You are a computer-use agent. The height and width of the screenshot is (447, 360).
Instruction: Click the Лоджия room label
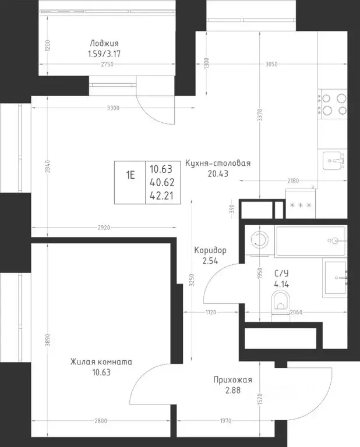104,43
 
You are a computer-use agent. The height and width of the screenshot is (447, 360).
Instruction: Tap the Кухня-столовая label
218,164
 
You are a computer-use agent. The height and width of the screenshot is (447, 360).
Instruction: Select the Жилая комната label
101,362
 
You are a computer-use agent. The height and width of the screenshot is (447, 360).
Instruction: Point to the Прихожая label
233,380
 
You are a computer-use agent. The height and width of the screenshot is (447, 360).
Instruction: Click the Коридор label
210,250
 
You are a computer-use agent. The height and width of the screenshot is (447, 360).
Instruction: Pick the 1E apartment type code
130,175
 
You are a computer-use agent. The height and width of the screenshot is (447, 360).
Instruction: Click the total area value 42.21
161,196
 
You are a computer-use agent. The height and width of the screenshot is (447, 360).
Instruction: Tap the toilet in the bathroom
280,302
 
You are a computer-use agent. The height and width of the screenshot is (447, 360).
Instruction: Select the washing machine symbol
259,239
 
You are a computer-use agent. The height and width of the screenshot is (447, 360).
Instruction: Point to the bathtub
311,240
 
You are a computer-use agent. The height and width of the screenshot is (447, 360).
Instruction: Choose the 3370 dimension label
260,115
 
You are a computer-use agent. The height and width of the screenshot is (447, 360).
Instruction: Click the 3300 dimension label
113,108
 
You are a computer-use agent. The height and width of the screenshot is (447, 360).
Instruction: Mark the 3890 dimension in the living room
48,340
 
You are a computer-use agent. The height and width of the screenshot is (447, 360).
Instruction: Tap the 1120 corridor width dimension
211,313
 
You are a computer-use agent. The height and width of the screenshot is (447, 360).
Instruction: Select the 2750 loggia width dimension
107,64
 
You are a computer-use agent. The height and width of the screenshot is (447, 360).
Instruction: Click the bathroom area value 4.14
281,284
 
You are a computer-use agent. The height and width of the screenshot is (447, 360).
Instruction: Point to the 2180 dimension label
293,181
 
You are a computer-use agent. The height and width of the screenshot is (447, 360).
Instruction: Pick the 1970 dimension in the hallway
225,421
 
